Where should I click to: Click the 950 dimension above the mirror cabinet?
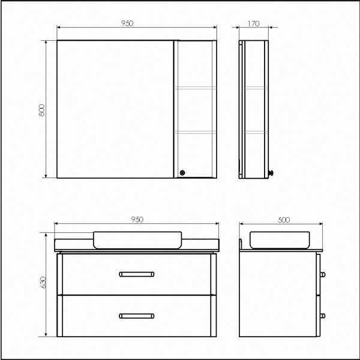[x=127, y=23]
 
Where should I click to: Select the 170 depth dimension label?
[x=253, y=23]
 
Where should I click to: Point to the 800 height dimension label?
[x=41, y=111]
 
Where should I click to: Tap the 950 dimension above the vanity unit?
[x=137, y=220]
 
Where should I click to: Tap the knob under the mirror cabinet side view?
[x=272, y=173]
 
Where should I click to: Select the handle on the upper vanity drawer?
[x=137, y=274]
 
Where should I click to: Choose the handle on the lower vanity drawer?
[x=137, y=315]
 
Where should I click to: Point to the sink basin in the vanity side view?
[x=280, y=240]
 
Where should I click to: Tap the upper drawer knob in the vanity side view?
[x=325, y=274]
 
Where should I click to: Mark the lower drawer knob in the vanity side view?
[x=325, y=315]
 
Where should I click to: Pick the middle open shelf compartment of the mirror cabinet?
[x=194, y=109]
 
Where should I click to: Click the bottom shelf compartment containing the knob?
[x=194, y=154]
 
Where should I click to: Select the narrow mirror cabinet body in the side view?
[x=256, y=109]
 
